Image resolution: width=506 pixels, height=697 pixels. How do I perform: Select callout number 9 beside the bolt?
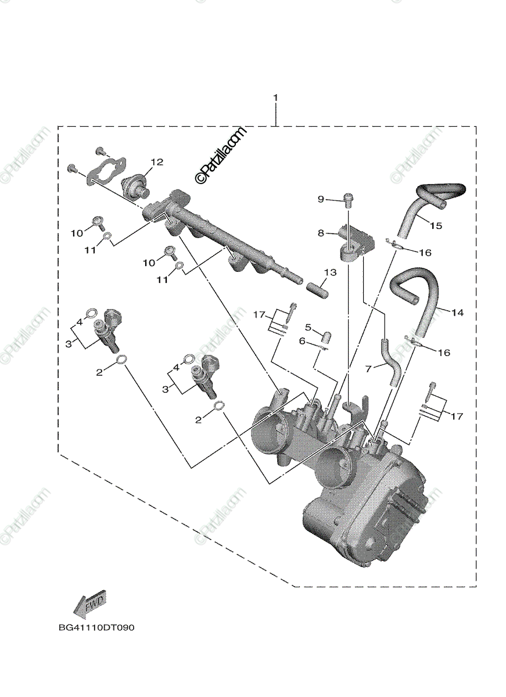click(x=321, y=199)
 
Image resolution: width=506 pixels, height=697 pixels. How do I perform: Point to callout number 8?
click(x=320, y=232)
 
